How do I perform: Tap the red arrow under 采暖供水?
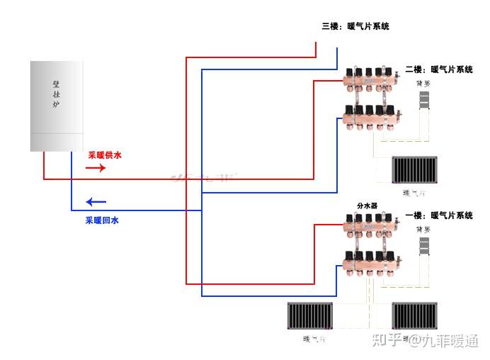pos(96,168)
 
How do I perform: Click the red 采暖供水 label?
pos(105,154)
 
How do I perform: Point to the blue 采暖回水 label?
pos(103,220)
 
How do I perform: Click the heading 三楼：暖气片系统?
pos(355,26)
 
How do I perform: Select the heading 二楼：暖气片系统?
pos(439,69)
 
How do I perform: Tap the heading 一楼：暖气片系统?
pos(439,215)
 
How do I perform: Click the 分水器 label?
pos(367,206)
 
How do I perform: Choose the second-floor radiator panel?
pos(416,171)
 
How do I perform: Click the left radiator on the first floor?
pos(309,317)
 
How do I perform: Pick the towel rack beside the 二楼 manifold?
pos(424,99)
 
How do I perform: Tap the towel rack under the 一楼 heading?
pos(424,245)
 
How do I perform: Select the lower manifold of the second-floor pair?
pos(370,115)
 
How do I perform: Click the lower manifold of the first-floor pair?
pos(370,261)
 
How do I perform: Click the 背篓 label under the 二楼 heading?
pos(423,83)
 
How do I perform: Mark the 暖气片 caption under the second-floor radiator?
pos(414,192)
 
